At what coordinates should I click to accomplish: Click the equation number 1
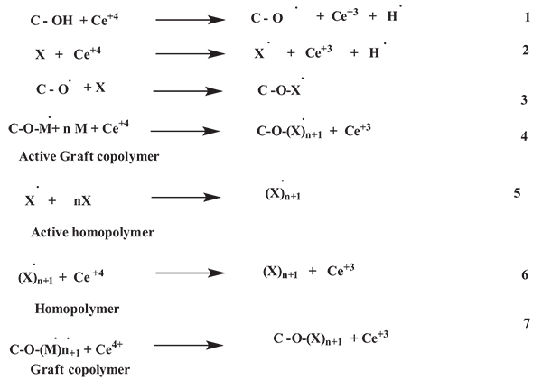[528, 17]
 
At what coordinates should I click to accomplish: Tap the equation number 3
[524, 99]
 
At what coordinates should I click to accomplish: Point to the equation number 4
[524, 136]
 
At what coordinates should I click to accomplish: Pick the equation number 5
[516, 192]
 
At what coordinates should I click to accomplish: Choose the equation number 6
[525, 274]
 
